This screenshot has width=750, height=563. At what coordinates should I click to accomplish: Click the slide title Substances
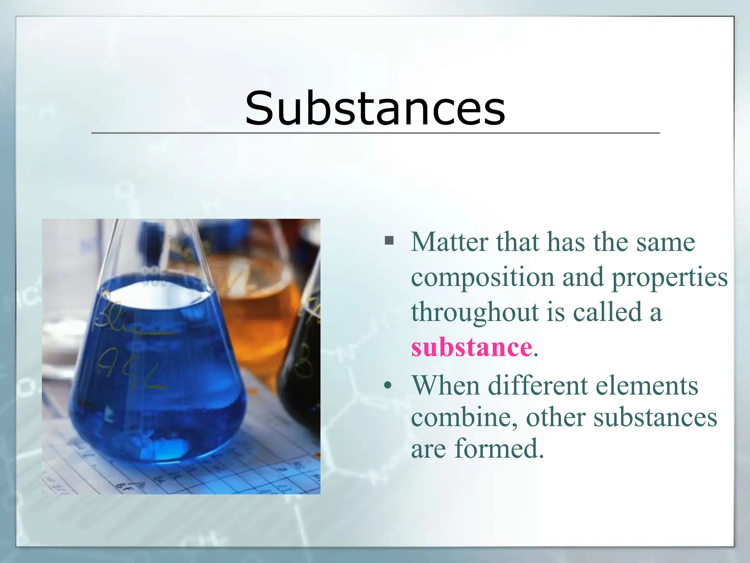[375, 108]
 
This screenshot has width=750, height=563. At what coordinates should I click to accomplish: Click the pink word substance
[471, 347]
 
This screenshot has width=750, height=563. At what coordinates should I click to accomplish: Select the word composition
[482, 278]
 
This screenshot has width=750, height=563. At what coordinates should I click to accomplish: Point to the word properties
[670, 278]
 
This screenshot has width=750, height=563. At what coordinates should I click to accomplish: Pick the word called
[608, 312]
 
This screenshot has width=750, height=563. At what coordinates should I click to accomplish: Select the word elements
[647, 386]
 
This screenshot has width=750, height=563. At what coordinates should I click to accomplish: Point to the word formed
[499, 448]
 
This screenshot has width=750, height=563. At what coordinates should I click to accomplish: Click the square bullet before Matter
[389, 241]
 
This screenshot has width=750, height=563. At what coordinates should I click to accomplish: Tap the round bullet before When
[388, 386]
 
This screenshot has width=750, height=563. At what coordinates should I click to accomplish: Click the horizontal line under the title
[375, 133]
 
